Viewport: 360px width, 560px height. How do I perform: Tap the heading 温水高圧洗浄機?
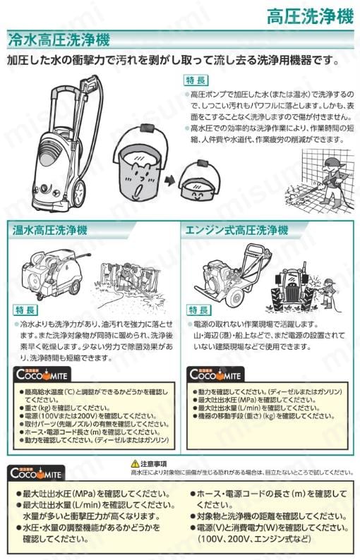point(49,230)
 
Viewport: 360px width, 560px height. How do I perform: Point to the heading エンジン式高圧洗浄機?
point(236,230)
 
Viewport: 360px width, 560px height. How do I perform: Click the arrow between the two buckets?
point(169,178)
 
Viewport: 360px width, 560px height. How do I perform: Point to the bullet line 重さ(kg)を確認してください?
point(68,408)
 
